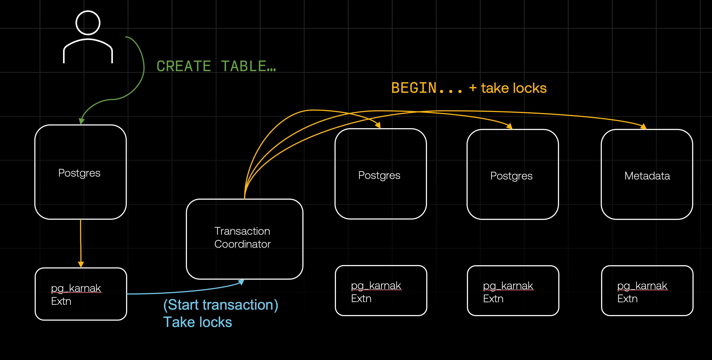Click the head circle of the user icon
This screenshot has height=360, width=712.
pos(88,23)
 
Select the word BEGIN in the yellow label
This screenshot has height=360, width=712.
pos(414,88)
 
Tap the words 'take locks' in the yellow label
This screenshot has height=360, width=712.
pos(513,88)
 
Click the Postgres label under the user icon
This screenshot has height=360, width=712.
pos(79,173)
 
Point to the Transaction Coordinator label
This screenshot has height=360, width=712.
pos(242,238)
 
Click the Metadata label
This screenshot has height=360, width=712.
pos(647,176)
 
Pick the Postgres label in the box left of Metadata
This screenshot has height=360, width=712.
pos(511,176)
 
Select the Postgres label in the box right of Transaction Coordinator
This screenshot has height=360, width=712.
pos(379,175)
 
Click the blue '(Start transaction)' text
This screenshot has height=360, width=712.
pos(221,305)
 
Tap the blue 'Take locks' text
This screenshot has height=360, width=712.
pos(197,322)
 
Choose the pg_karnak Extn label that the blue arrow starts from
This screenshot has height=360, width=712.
pos(76,294)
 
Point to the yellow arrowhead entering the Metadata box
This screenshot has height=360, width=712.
pos(643,127)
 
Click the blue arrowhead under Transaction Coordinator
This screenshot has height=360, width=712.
pos(241,282)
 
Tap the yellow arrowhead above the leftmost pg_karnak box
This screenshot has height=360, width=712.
pos(81,264)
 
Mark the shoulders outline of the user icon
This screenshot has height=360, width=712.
pos(88,50)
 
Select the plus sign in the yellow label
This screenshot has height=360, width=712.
pos(473,88)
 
